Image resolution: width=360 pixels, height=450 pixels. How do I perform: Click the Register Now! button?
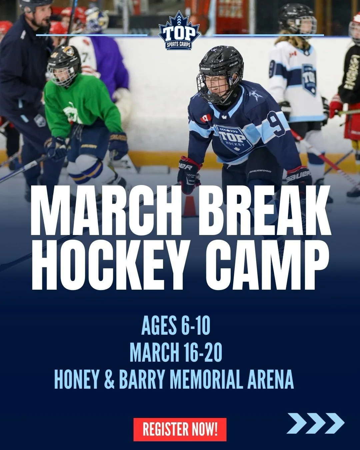180,429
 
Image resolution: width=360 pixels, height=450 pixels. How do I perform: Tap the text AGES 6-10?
176,326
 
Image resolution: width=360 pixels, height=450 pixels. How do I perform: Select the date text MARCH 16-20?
176,353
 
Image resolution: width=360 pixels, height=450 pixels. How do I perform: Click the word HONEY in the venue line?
76,379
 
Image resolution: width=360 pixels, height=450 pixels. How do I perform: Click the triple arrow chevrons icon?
315,423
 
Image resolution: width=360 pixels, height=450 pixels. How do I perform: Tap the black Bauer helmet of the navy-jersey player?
221,63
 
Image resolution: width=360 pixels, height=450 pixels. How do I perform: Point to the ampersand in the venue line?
109,379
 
